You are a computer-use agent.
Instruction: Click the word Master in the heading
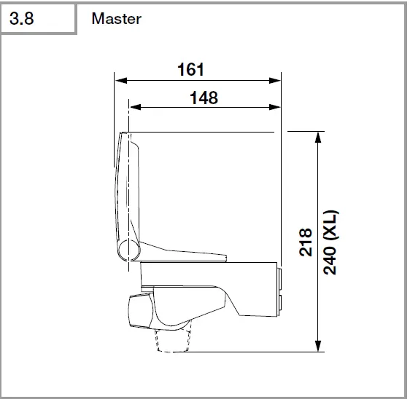pos(116,19)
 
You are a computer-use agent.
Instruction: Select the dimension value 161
pos(190,70)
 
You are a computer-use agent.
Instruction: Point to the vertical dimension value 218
pos(306,242)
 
